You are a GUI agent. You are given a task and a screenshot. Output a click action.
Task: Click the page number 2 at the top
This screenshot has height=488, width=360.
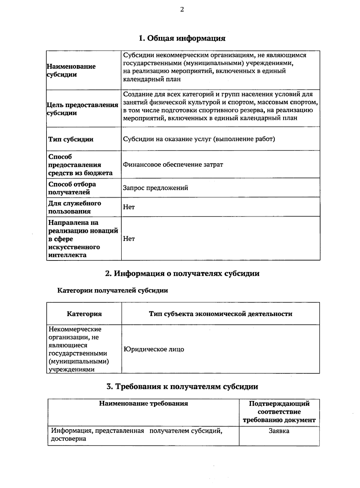pos(182,10)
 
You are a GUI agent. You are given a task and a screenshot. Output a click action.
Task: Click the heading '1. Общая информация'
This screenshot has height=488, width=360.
pos(182,38)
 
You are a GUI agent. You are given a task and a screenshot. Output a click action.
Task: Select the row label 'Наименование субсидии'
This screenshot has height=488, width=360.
pos(71,71)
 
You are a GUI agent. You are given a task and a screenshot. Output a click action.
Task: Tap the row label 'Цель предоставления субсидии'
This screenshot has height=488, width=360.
pos(83,109)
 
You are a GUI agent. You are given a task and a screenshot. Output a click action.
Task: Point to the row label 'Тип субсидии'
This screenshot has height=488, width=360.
pos(71,139)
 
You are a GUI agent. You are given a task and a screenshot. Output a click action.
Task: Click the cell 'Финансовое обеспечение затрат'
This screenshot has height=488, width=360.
pos(173,164)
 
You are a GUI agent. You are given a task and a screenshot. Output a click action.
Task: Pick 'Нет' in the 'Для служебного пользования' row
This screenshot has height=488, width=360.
pos(129,207)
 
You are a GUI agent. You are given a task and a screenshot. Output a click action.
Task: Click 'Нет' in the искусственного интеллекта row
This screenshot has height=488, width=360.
pos(129,239)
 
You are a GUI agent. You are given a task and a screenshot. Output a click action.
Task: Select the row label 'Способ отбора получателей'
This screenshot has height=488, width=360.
pos(72,188)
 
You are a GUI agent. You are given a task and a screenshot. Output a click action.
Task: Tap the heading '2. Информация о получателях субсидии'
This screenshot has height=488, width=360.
pos(182,273)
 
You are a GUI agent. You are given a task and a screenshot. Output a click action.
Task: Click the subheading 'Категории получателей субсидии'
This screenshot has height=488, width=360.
pos(112,291)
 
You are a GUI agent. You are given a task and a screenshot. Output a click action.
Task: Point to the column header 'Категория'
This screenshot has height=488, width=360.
pos(84,314)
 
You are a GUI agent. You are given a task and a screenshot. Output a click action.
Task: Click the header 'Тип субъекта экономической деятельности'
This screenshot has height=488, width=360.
pos(220,314)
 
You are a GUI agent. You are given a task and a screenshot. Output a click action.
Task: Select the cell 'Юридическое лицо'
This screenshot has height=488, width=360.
pos(154,349)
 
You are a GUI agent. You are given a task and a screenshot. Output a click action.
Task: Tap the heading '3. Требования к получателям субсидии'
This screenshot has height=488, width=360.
pos(182,387)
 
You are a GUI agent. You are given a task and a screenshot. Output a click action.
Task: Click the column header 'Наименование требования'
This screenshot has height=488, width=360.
pos(143,403)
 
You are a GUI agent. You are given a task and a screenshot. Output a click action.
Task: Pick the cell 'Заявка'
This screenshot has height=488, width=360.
pos(279,431)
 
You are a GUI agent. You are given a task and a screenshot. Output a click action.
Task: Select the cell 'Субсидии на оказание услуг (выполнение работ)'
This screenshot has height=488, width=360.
pos(199,139)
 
